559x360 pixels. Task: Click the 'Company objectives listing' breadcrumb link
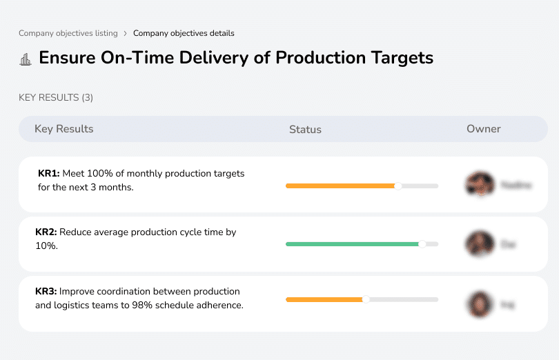coord(68,33)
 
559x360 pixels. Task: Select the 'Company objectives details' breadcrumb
coord(184,33)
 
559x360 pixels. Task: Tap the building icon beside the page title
coord(26,59)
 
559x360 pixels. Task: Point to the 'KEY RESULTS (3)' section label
coord(56,98)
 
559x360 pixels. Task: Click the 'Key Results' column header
coord(63,129)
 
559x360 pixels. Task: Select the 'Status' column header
coord(305,130)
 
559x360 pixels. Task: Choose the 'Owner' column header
coord(484,129)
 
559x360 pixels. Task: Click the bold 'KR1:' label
coord(49,174)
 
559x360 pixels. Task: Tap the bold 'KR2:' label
coord(46,232)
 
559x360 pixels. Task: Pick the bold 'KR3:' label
coord(46,292)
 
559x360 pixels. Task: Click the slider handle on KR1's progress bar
coord(398,186)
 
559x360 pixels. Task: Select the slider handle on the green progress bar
coord(422,243)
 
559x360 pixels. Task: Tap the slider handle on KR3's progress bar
coord(366,299)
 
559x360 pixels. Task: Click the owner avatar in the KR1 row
coord(480,184)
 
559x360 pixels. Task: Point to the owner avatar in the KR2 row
coord(480,243)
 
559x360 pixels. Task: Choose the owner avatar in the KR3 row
coord(480,303)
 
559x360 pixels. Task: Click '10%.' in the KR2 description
coord(46,246)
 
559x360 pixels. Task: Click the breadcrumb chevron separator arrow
coord(125,33)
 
